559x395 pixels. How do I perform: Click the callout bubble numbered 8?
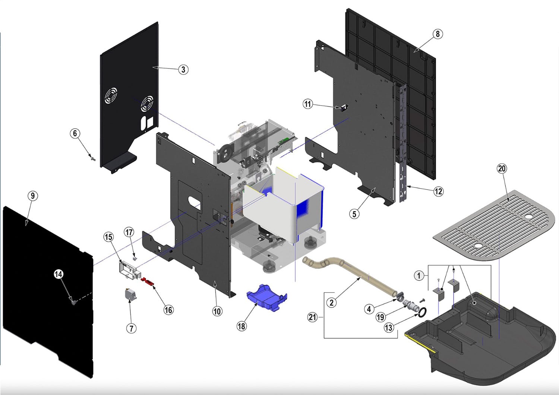click(x=438, y=34)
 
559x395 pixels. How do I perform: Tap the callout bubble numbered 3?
click(x=183, y=69)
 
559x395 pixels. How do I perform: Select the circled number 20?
click(x=502, y=168)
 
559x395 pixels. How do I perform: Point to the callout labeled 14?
click(x=59, y=274)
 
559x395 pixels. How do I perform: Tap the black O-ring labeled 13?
click(x=421, y=312)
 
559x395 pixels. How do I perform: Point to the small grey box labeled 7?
click(x=130, y=295)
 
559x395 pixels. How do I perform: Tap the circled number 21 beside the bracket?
click(x=312, y=317)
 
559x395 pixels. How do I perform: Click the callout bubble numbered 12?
click(x=438, y=191)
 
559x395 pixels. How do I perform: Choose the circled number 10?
click(x=217, y=311)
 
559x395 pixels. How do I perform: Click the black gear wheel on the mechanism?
click(x=225, y=153)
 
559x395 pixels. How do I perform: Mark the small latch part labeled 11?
click(x=343, y=108)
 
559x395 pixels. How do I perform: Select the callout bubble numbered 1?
click(x=419, y=276)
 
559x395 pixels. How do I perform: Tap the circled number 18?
click(x=241, y=326)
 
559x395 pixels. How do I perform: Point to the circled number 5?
click(x=354, y=214)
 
